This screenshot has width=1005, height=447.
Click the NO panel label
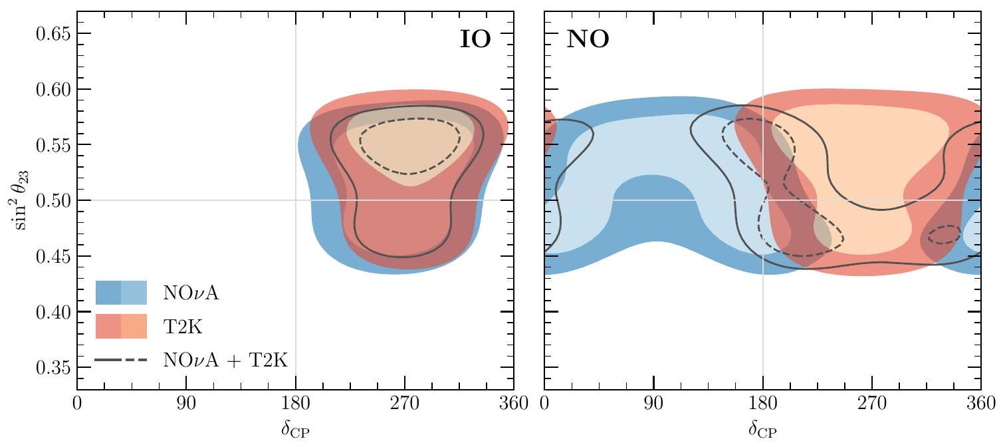584,41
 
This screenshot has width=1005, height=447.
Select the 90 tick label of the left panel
186,404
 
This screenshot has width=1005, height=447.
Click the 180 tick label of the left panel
295,404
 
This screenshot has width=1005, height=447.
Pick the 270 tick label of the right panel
872,404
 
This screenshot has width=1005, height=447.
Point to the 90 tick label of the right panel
654,404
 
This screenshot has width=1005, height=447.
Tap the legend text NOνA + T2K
229,360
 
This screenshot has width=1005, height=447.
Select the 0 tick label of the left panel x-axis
78,404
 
